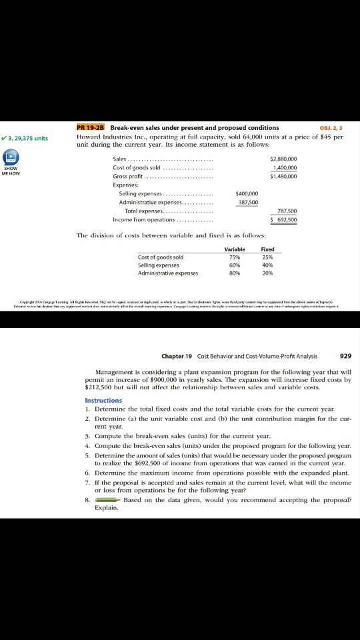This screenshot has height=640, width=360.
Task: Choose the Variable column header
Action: [x=235, y=249]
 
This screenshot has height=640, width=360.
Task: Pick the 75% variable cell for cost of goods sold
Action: [x=235, y=257]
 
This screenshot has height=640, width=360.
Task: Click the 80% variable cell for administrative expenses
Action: [x=235, y=273]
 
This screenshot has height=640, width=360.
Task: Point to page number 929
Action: [x=346, y=355]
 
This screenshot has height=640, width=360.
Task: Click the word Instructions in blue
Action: [x=103, y=400]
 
